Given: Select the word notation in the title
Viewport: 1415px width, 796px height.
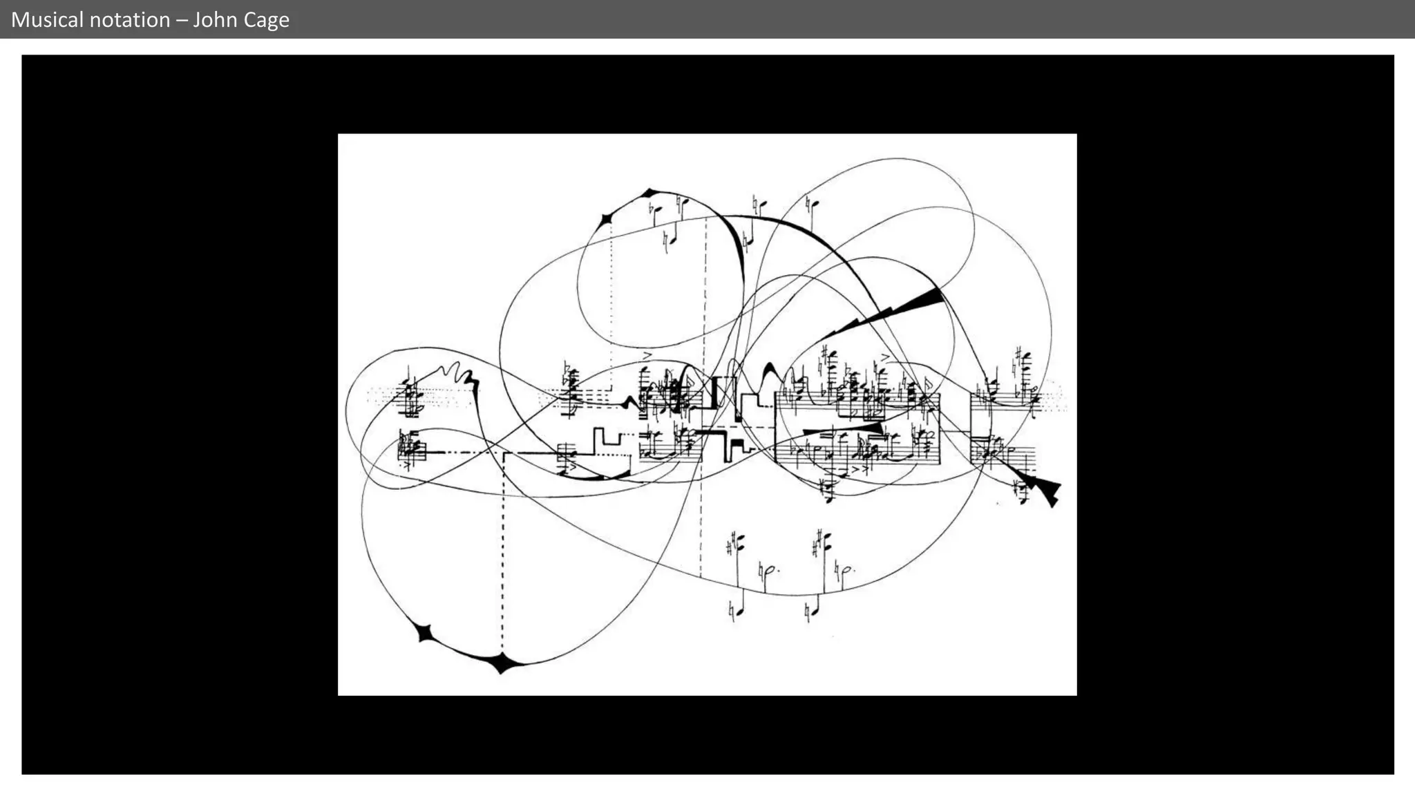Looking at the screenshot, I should pos(133,19).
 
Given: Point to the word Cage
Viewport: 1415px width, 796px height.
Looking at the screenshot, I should pos(266,19).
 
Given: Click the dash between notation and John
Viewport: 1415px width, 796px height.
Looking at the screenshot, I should pos(182,19).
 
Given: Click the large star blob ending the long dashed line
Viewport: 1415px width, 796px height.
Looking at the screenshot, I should pos(502,663).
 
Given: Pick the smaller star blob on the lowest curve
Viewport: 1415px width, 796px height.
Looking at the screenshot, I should pos(424,632).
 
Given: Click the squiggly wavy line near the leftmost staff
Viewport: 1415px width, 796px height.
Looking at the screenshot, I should pos(457,374).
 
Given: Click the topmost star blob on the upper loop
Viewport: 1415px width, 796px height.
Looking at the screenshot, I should pos(649,193).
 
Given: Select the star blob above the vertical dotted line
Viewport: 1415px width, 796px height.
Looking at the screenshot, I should pos(607,220).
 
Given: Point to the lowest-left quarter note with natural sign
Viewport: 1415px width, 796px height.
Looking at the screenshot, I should pos(737,611).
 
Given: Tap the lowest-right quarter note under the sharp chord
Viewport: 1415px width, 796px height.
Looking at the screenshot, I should pos(812,610).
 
